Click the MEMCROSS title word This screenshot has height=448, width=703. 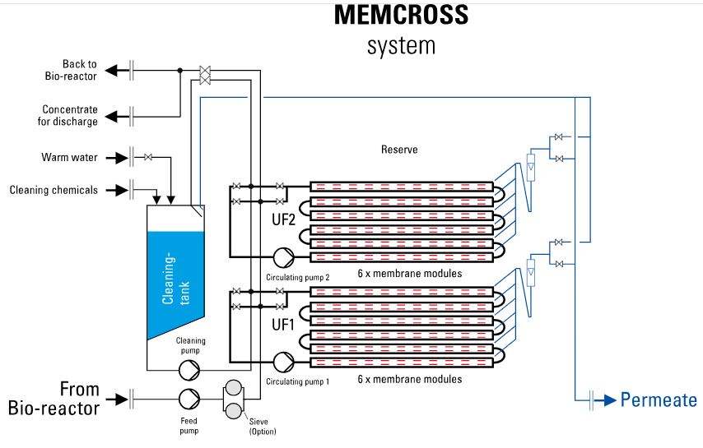401,15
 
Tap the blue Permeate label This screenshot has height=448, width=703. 659,401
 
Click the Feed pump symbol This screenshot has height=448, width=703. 189,399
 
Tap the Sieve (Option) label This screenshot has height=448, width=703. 263,427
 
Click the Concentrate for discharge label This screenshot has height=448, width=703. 70,115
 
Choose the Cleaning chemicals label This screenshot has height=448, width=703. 54,190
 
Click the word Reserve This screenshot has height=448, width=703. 399,150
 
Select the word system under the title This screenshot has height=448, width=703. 401,45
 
